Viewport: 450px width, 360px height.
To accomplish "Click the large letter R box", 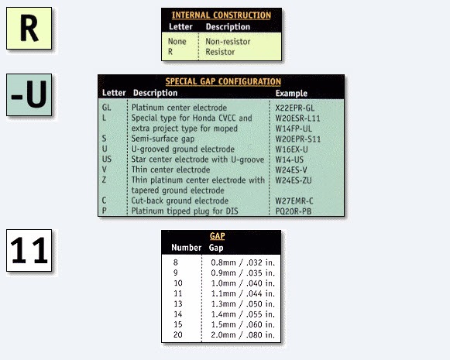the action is click(29, 29).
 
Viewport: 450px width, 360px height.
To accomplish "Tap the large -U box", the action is click(29, 95).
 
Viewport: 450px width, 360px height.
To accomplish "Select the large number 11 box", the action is click(29, 250).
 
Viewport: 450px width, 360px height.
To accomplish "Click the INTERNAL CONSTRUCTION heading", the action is click(222, 15).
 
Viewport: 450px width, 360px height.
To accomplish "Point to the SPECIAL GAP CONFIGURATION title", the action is click(223, 81).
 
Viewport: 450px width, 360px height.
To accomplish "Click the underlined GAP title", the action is click(217, 236).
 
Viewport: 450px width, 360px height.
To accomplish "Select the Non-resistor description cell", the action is click(228, 42).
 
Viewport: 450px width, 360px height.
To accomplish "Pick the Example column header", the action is click(291, 93).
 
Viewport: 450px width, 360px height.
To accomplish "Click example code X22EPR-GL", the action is click(295, 108).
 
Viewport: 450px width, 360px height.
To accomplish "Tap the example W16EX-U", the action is click(291, 149).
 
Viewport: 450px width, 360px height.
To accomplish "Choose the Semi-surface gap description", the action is click(163, 139).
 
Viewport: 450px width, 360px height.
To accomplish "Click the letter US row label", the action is click(107, 159).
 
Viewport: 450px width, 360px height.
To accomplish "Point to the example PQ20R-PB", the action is click(294, 211).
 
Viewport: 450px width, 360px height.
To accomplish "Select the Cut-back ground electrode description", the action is click(180, 201).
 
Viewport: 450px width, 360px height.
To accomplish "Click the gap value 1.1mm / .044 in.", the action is click(242, 293).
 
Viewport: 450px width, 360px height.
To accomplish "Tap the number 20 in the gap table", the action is click(178, 334).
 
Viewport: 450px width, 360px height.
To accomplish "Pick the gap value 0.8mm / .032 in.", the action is click(242, 262).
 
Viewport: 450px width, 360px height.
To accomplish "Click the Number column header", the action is click(186, 248).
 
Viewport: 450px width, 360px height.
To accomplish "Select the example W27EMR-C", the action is click(294, 201).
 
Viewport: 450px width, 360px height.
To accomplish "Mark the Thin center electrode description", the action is click(170, 170).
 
